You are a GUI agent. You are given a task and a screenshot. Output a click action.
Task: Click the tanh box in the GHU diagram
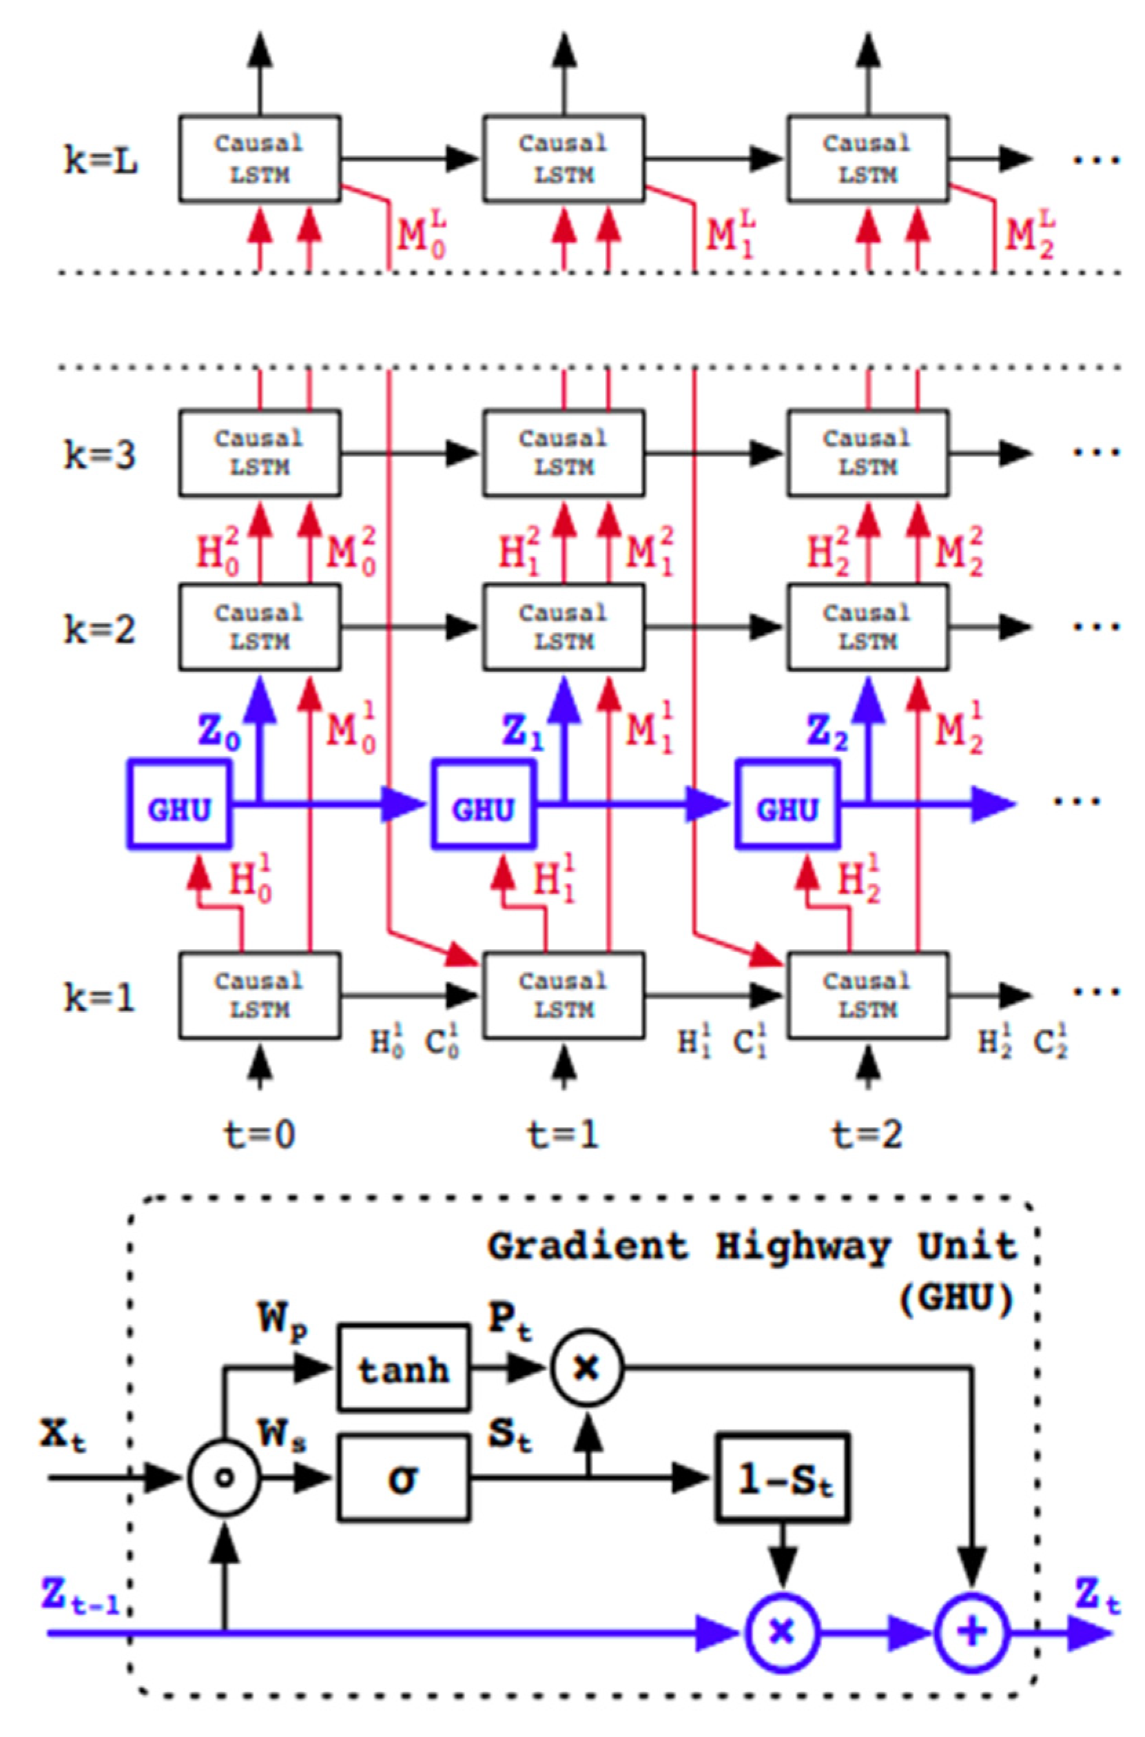click(403, 1368)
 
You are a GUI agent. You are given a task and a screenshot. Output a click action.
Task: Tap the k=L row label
click(101, 161)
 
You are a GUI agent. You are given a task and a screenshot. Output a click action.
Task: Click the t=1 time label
click(562, 1134)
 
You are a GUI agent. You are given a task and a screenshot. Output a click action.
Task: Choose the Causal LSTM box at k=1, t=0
click(260, 995)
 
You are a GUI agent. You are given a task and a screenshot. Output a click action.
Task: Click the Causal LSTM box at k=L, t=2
click(867, 159)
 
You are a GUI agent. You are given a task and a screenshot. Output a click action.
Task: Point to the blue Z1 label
click(524, 734)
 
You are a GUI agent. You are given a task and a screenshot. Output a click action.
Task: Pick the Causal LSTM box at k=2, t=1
click(564, 627)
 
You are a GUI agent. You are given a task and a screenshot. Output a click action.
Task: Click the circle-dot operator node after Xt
click(224, 1478)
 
